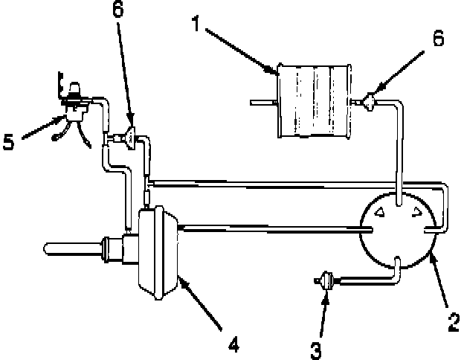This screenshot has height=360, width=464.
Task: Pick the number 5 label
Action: pos(9,141)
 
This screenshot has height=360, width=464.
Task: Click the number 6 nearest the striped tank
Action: pos(438,39)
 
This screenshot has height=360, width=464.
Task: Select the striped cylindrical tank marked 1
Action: pos(312,100)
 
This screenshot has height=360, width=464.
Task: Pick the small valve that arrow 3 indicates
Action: pos(325,280)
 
